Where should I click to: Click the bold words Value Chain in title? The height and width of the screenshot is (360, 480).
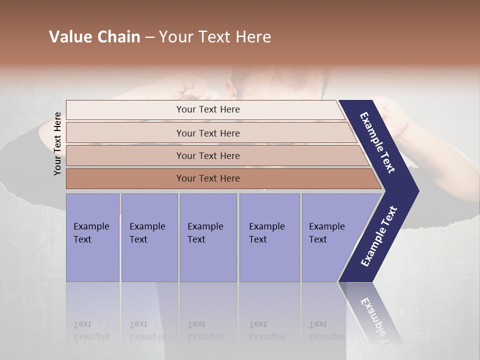point(94,37)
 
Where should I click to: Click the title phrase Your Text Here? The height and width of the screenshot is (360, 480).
point(215,37)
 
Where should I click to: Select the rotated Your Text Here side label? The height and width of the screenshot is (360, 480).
point(57,143)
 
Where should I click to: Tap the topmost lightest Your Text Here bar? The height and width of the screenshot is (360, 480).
point(207,109)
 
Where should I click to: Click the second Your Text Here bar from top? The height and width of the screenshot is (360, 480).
point(207,133)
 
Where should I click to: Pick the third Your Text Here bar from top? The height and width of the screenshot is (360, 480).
point(207,155)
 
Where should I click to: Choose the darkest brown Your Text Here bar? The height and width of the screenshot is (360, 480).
point(207,178)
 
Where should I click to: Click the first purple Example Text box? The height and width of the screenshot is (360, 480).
point(92,237)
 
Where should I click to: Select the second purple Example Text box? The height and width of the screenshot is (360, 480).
point(149,237)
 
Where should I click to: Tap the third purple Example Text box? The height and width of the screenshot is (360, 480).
point(207,237)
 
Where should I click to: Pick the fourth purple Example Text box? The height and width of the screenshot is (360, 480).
point(269,237)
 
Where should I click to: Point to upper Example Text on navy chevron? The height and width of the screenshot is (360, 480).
point(377,142)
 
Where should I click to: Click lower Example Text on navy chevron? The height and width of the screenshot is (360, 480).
point(379,236)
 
